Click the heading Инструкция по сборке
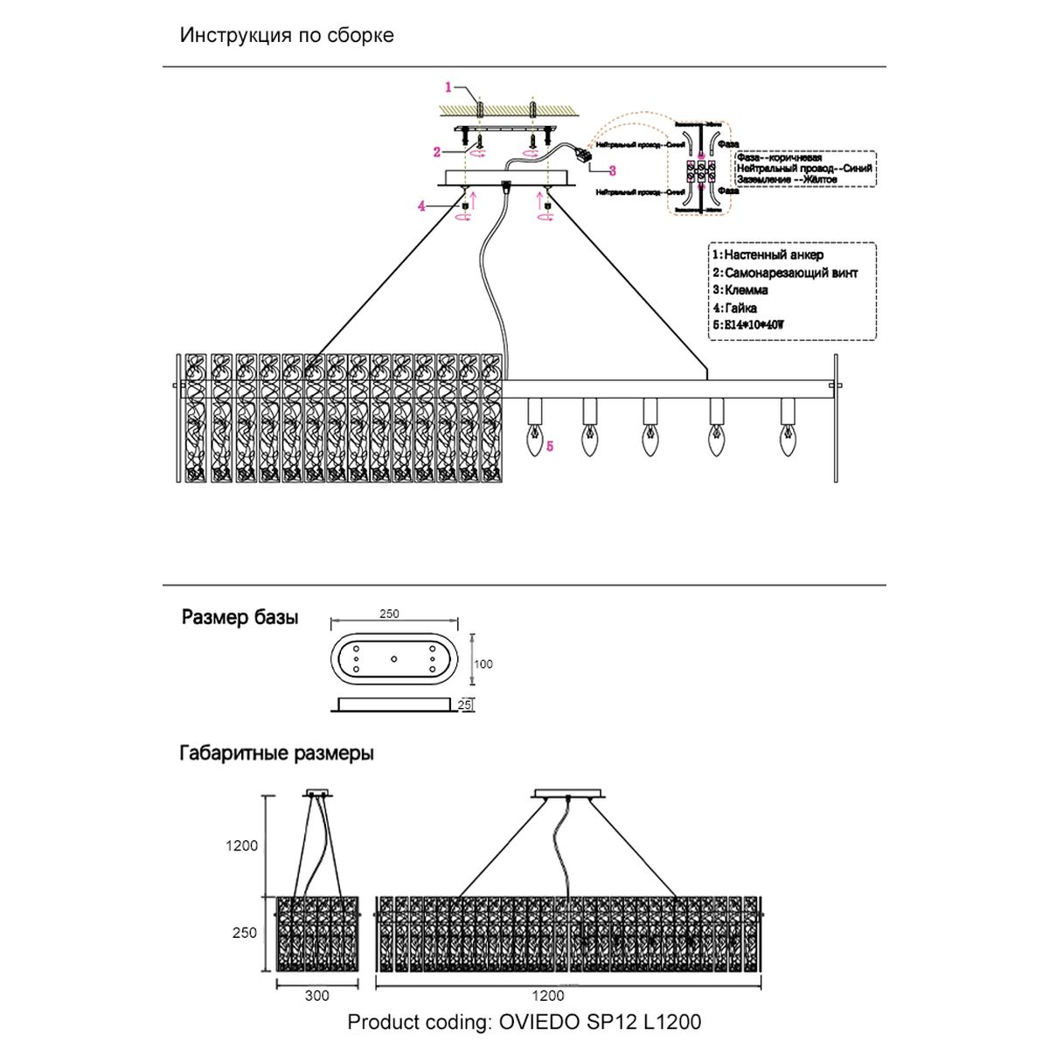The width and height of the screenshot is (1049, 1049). (287, 36)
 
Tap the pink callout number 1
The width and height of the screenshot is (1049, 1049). (448, 87)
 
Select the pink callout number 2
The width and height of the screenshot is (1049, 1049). (437, 152)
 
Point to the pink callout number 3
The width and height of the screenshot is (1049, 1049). (612, 171)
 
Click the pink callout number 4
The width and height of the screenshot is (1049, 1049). (421, 206)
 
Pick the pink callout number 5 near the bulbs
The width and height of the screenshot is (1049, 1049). (550, 446)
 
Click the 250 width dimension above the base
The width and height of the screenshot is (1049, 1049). (390, 614)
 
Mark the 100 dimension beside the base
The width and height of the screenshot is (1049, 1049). (483, 664)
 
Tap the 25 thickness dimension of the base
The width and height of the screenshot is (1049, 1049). (465, 705)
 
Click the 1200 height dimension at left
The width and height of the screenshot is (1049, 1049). (242, 845)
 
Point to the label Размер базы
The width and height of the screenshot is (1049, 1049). (240, 618)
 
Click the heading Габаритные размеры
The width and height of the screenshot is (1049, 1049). (276, 753)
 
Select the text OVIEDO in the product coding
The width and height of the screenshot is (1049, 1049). (536, 1021)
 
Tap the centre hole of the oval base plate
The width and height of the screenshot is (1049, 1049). (393, 658)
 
